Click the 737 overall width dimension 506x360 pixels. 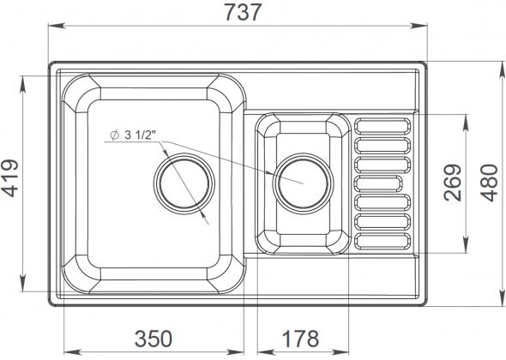click(x=243, y=13)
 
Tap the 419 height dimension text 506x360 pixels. click(x=9, y=178)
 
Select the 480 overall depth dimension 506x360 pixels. click(x=489, y=183)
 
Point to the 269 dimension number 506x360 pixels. click(x=453, y=183)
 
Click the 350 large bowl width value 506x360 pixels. click(x=154, y=339)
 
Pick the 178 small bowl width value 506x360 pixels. click(x=300, y=339)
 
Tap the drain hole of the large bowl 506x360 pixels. click(x=184, y=183)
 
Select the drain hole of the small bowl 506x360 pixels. click(x=303, y=183)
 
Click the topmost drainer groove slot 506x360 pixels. click(x=383, y=126)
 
